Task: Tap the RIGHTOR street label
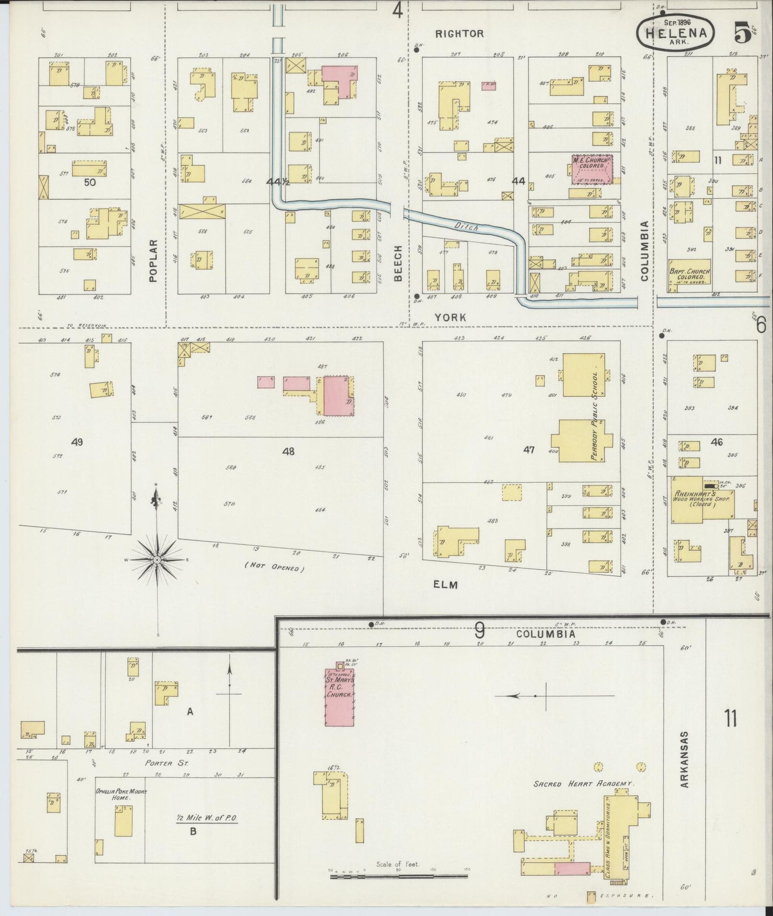tap(459, 34)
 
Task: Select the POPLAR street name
tap(154, 260)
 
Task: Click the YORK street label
tap(450, 317)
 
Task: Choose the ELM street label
tap(446, 585)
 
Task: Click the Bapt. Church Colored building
tap(689, 276)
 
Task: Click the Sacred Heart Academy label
tap(583, 783)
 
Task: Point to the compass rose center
tap(157, 560)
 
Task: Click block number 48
tap(288, 452)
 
